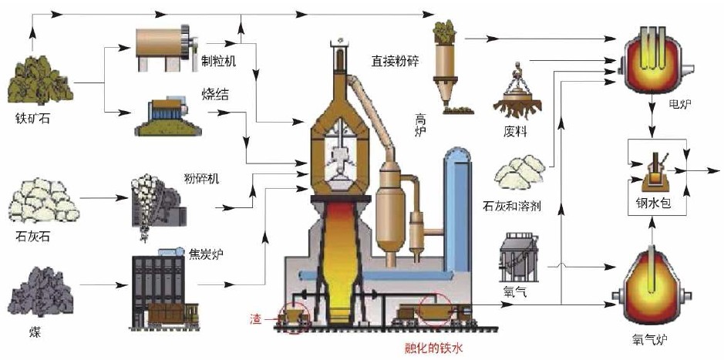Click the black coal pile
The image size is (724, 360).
click(x=39, y=297)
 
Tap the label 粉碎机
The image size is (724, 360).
click(x=202, y=180)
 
